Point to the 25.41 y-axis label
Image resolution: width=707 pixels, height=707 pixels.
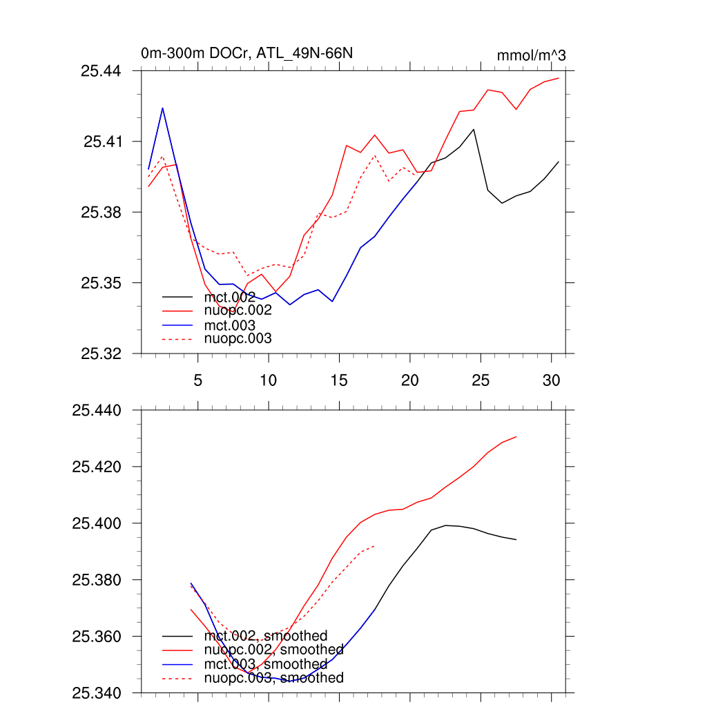102,142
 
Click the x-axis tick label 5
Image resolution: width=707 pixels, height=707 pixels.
198,380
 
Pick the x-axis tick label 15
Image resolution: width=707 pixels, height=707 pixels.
339,380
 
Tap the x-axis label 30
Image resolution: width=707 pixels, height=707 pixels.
551,380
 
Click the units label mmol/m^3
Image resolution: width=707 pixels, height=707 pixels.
531,55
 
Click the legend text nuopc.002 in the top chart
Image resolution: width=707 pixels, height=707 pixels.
238,311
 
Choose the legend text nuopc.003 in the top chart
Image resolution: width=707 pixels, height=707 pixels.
238,339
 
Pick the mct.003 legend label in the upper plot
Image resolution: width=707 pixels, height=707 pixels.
230,325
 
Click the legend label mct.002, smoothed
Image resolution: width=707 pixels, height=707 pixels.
266,636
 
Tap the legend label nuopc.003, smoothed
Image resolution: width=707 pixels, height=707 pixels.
274,678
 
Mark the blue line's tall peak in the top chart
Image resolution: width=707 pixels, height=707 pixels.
162,108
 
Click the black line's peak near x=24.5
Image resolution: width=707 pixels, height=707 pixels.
474,129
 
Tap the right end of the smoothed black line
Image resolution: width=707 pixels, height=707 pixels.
516,539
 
